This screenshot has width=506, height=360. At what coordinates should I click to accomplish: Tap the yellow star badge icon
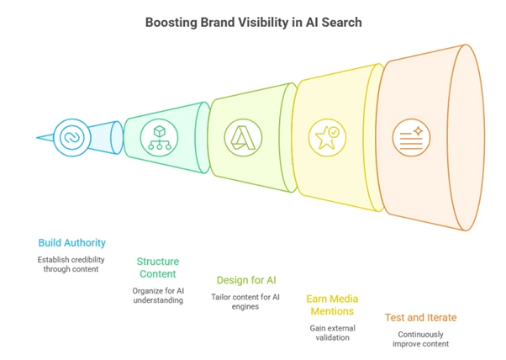(326, 134)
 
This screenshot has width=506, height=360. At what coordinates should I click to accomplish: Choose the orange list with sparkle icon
(413, 134)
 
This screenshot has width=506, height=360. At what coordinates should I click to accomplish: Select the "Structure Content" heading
(158, 267)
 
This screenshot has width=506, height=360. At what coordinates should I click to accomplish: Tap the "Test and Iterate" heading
(421, 317)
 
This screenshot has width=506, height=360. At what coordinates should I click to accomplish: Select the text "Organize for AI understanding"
(158, 294)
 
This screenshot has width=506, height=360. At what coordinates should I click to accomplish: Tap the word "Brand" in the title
(221, 22)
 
